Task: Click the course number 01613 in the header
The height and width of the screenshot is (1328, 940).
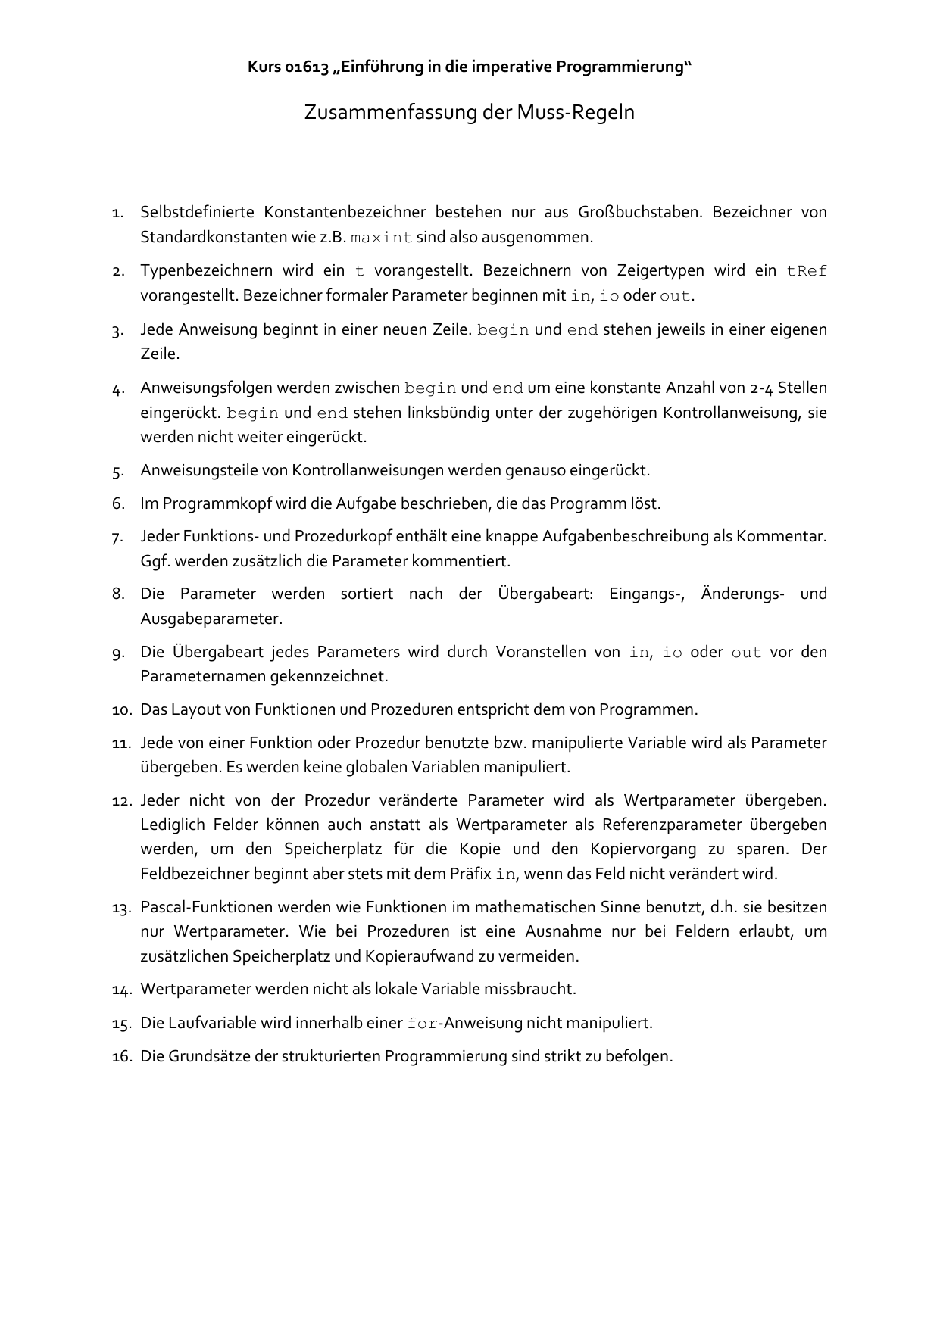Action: click(308, 67)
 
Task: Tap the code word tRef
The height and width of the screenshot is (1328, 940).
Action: click(807, 271)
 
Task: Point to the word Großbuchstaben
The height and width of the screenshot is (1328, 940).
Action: click(640, 212)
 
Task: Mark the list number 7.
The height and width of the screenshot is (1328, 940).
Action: click(117, 538)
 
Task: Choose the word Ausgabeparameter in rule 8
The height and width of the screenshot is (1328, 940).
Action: click(211, 619)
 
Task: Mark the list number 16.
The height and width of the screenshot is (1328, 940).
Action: click(121, 1056)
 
